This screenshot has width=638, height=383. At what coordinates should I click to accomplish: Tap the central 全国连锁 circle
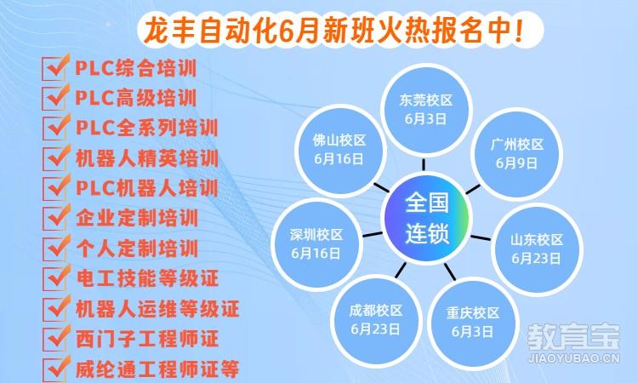pyautogui.click(x=426, y=218)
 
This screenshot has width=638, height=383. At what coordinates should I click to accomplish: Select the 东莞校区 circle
pyautogui.click(x=426, y=110)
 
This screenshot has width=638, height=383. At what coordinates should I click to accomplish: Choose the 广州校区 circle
pyautogui.click(x=516, y=154)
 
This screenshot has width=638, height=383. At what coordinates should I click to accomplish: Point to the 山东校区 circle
pyautogui.click(x=537, y=249)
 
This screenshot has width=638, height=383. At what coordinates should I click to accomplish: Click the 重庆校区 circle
pyautogui.click(x=472, y=323)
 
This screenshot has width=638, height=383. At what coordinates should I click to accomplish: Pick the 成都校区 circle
pyautogui.click(x=375, y=320)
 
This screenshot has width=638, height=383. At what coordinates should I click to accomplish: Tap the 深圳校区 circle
pyautogui.click(x=316, y=243)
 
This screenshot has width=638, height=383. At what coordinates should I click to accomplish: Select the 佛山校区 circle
pyautogui.click(x=339, y=150)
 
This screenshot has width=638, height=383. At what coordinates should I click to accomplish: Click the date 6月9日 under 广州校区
pyautogui.click(x=516, y=163)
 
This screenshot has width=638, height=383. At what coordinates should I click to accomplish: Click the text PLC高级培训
pyautogui.click(x=136, y=98)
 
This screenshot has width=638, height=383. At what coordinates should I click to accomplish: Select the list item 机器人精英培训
pyautogui.click(x=147, y=158)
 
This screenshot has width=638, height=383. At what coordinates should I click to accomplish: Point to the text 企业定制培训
pyautogui.click(x=137, y=218)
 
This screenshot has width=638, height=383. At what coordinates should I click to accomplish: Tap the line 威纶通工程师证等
pyautogui.click(x=157, y=369)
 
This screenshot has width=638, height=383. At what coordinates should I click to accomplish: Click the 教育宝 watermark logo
pyautogui.click(x=573, y=337)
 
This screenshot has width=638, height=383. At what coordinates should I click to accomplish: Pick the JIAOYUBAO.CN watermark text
pyautogui.click(x=573, y=358)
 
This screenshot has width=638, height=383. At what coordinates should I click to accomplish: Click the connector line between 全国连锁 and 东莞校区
pyautogui.click(x=424, y=164)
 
